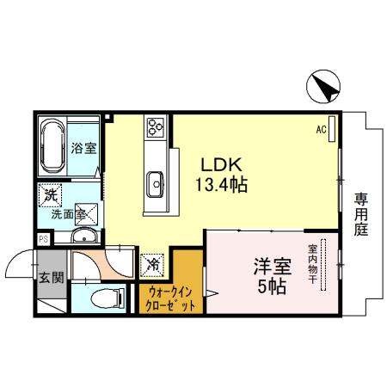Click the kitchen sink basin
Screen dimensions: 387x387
click(x=157, y=182)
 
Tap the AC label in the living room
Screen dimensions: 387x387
click(x=320, y=130)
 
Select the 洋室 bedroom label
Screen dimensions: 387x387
click(x=268, y=267)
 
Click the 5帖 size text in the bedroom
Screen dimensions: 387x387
click(x=268, y=287)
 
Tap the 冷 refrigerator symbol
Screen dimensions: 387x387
click(x=152, y=264)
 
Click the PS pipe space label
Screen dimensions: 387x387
click(x=43, y=240)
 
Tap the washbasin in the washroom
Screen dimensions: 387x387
click(x=85, y=237)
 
